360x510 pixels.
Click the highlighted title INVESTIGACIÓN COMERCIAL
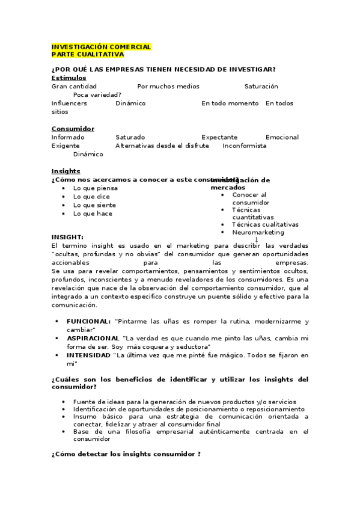(x=101, y=47)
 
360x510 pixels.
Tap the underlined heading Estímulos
(x=69, y=78)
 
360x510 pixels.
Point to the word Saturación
(x=261, y=87)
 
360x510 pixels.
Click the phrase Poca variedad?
(x=97, y=94)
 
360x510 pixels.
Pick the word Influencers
(x=69, y=103)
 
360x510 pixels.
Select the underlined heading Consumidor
(x=73, y=129)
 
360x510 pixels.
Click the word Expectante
(x=219, y=137)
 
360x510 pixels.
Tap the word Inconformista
(x=244, y=146)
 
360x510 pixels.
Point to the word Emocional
(x=282, y=137)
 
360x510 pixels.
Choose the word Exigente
(x=66, y=146)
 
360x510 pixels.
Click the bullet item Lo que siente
(x=94, y=205)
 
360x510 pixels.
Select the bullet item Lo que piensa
(x=95, y=188)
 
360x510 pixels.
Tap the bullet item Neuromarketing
(x=258, y=232)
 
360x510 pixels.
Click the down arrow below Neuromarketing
(x=257, y=240)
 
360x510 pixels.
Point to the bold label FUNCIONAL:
(x=88, y=322)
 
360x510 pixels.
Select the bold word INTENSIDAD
(x=88, y=355)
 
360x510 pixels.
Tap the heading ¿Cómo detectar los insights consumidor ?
(x=126, y=453)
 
